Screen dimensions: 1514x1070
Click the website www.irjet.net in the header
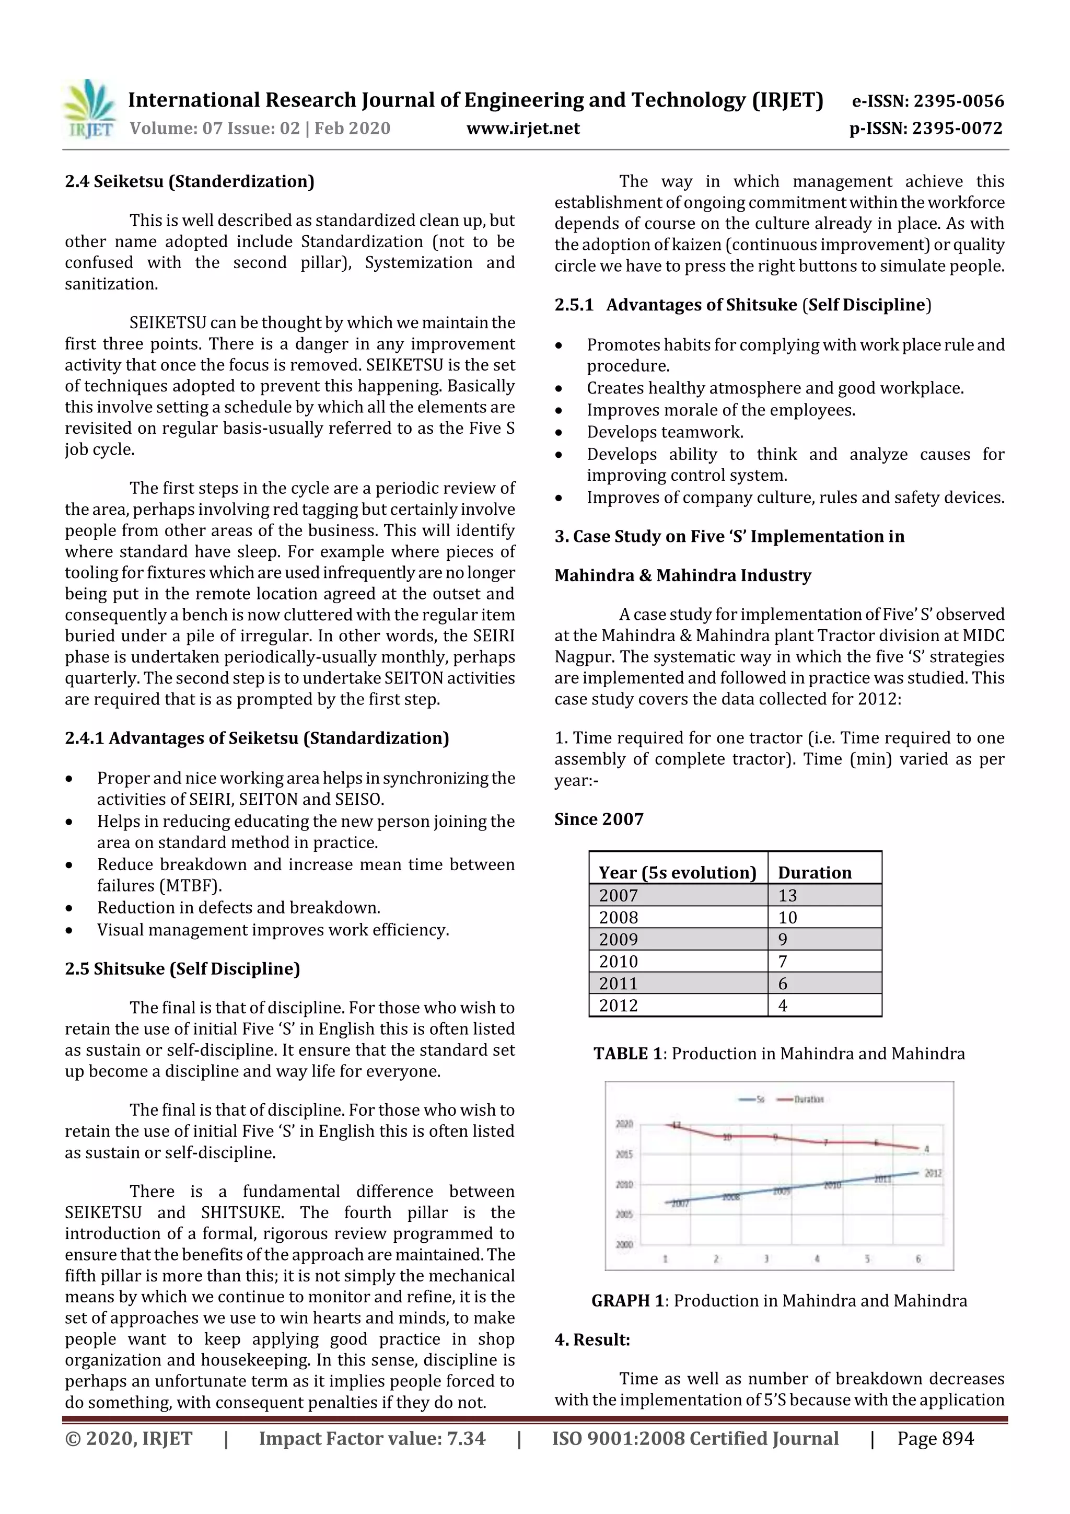pyautogui.click(x=523, y=128)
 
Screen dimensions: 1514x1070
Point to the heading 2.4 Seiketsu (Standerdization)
pyautogui.click(x=189, y=181)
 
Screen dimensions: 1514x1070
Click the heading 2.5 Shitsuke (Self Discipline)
pyautogui.click(x=182, y=969)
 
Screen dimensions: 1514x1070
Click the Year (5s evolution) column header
pyautogui.click(x=677, y=872)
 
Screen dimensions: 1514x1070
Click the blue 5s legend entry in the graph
pyautogui.click(x=752, y=1099)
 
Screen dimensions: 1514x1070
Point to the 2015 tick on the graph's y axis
pyautogui.click(x=624, y=1154)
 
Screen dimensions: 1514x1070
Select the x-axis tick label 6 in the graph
pyautogui.click(x=918, y=1259)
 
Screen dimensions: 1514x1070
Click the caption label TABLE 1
pyautogui.click(x=627, y=1054)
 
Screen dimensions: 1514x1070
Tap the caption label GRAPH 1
pyautogui.click(x=627, y=1301)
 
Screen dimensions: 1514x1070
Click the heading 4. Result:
pyautogui.click(x=592, y=1340)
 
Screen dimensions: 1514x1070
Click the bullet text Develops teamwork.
pyautogui.click(x=665, y=432)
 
